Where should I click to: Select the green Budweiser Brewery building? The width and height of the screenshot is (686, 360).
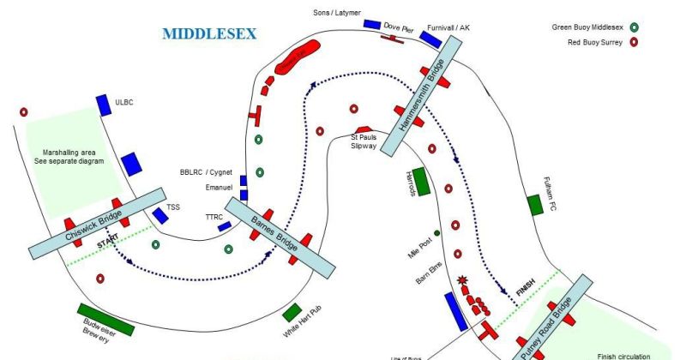click(x=105, y=315)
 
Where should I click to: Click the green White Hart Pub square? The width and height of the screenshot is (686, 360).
click(x=292, y=312)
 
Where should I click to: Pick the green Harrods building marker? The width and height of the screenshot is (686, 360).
click(x=418, y=183)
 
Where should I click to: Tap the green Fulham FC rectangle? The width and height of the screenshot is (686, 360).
click(x=535, y=204)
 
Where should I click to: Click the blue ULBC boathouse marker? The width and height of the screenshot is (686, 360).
click(x=103, y=105)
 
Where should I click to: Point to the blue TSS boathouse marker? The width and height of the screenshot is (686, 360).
click(x=160, y=216)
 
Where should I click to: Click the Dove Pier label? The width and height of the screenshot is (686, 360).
click(x=399, y=27)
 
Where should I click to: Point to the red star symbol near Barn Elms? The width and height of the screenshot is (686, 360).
click(x=461, y=279)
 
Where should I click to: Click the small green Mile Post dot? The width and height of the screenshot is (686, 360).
click(x=437, y=232)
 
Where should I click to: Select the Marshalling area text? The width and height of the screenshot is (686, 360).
click(x=74, y=155)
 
